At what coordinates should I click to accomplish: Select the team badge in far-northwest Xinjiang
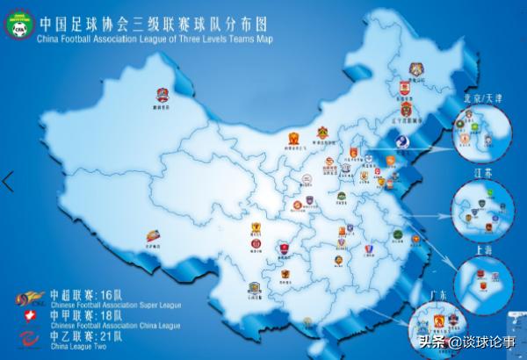(x=162, y=96)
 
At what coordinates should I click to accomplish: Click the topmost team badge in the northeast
(x=416, y=68)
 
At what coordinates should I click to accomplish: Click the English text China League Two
(x=84, y=345)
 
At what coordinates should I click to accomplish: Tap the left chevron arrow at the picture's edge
(x=8, y=182)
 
